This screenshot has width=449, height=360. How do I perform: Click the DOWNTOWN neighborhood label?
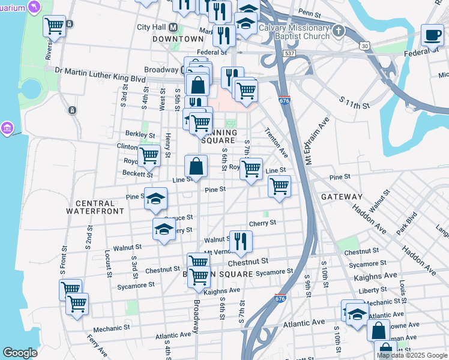coord(178,38)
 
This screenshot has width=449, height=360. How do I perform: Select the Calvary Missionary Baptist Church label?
coord(294,32)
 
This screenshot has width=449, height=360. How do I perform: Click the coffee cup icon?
coord(432,34)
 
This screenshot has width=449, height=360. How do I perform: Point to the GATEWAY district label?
coord(342,197)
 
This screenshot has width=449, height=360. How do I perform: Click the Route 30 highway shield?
coord(364,46)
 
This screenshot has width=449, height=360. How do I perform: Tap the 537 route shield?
coord(290,53)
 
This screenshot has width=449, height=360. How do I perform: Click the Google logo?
coord(20,353)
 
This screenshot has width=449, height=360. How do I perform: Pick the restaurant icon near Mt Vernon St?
coord(240,241)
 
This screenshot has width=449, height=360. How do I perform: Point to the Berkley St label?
coord(140,134)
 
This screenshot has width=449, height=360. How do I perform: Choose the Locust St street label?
coord(109,260)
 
